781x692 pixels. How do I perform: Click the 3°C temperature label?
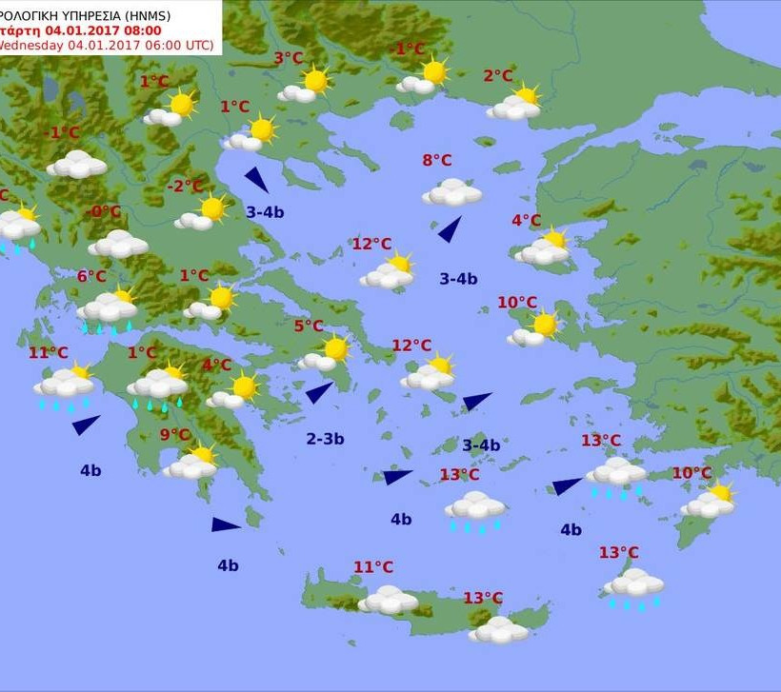coord(289,58)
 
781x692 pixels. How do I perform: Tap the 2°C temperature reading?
coord(497,76)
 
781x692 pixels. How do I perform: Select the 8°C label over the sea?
coord(437,160)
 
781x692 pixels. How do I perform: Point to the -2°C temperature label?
coord(185,187)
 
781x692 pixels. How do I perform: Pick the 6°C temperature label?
coord(91,276)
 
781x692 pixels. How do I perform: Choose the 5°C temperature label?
coord(308,326)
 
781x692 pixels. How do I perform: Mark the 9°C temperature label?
coord(174,435)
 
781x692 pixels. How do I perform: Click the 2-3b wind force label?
coord(325,439)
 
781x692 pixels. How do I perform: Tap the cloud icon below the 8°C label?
coord(452,193)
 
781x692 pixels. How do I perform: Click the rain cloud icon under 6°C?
coord(108,310)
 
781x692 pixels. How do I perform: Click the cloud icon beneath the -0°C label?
coord(118,244)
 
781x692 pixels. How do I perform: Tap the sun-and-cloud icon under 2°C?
coord(514,104)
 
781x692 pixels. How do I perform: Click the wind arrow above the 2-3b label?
coord(319,392)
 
